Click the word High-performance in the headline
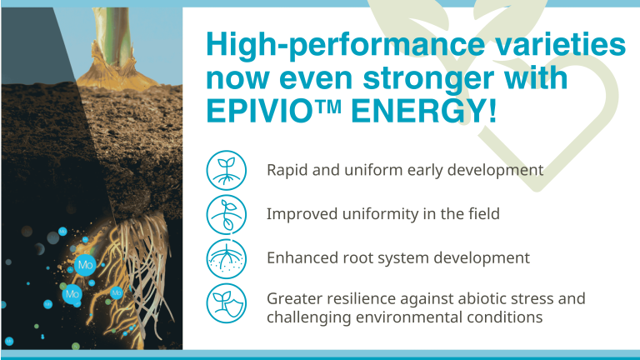[345, 45]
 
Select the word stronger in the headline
[428, 80]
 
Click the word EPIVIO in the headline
[259, 111]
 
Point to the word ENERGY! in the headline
[423, 111]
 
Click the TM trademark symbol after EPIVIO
[327, 107]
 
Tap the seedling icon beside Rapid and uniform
[227, 170]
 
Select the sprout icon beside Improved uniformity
[227, 214]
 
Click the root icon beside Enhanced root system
[227, 259]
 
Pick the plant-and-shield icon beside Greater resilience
[227, 303]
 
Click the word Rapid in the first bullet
[287, 170]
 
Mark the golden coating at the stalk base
[115, 72]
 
